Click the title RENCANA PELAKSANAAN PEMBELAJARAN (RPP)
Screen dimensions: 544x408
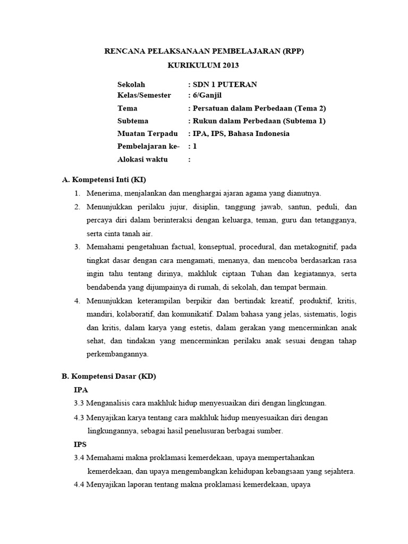point(203,52)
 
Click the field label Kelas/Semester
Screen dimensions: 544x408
point(144,95)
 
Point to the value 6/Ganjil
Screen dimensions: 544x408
point(207,95)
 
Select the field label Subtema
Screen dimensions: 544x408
point(133,121)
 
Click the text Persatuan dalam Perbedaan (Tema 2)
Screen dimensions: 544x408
point(258,108)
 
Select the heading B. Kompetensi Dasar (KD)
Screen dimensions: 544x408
point(109,376)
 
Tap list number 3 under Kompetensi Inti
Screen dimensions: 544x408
point(77,246)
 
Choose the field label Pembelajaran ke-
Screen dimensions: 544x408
point(149,146)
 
